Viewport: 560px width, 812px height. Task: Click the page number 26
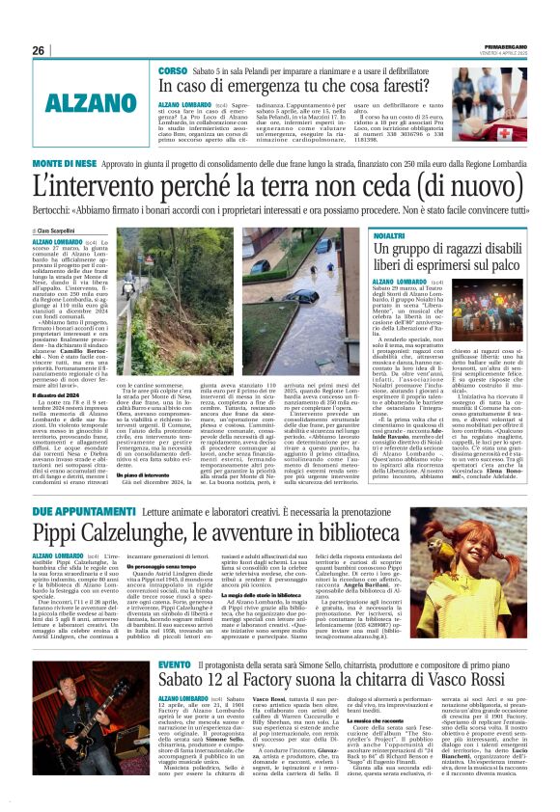coord(39,50)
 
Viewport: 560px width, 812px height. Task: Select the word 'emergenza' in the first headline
coord(272,88)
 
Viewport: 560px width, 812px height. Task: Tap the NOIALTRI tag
coord(390,235)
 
